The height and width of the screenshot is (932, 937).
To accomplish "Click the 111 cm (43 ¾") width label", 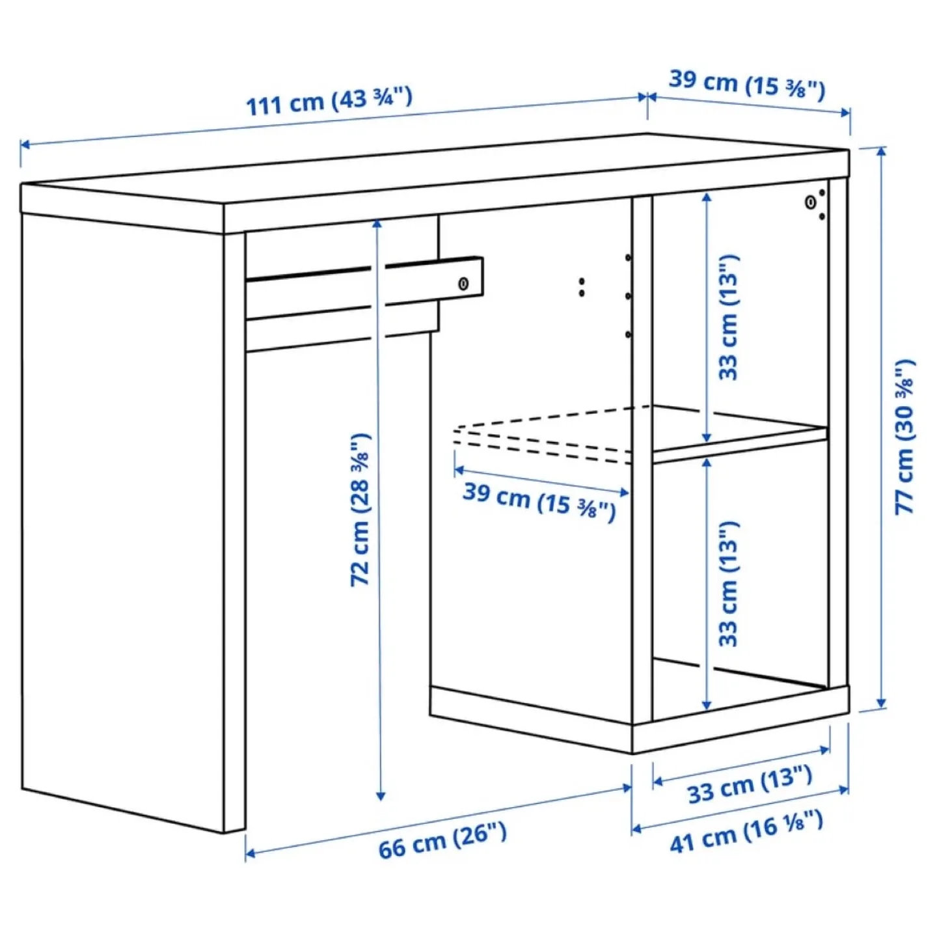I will pyautogui.click(x=329, y=101).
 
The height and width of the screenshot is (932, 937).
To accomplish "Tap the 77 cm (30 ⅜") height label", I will pyautogui.click(x=904, y=436).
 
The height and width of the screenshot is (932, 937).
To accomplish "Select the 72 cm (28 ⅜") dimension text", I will pyautogui.click(x=360, y=510).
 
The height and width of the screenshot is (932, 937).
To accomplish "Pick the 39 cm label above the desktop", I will pyautogui.click(x=747, y=84).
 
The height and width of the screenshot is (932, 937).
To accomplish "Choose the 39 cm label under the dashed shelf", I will pyautogui.click(x=539, y=501).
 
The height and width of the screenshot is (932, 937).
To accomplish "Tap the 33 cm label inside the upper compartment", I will pyautogui.click(x=729, y=318).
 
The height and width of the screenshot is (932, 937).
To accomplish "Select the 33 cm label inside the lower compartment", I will pyautogui.click(x=729, y=583).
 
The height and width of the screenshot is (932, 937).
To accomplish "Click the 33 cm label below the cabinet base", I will pyautogui.click(x=750, y=784).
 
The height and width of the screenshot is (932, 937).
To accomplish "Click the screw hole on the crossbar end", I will pyautogui.click(x=463, y=284).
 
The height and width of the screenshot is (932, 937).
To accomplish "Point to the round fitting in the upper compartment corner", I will pyautogui.click(x=810, y=202).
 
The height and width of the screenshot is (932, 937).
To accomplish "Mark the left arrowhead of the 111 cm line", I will pyautogui.click(x=24, y=144).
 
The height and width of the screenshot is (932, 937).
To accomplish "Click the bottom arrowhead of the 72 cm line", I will pyautogui.click(x=381, y=796).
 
